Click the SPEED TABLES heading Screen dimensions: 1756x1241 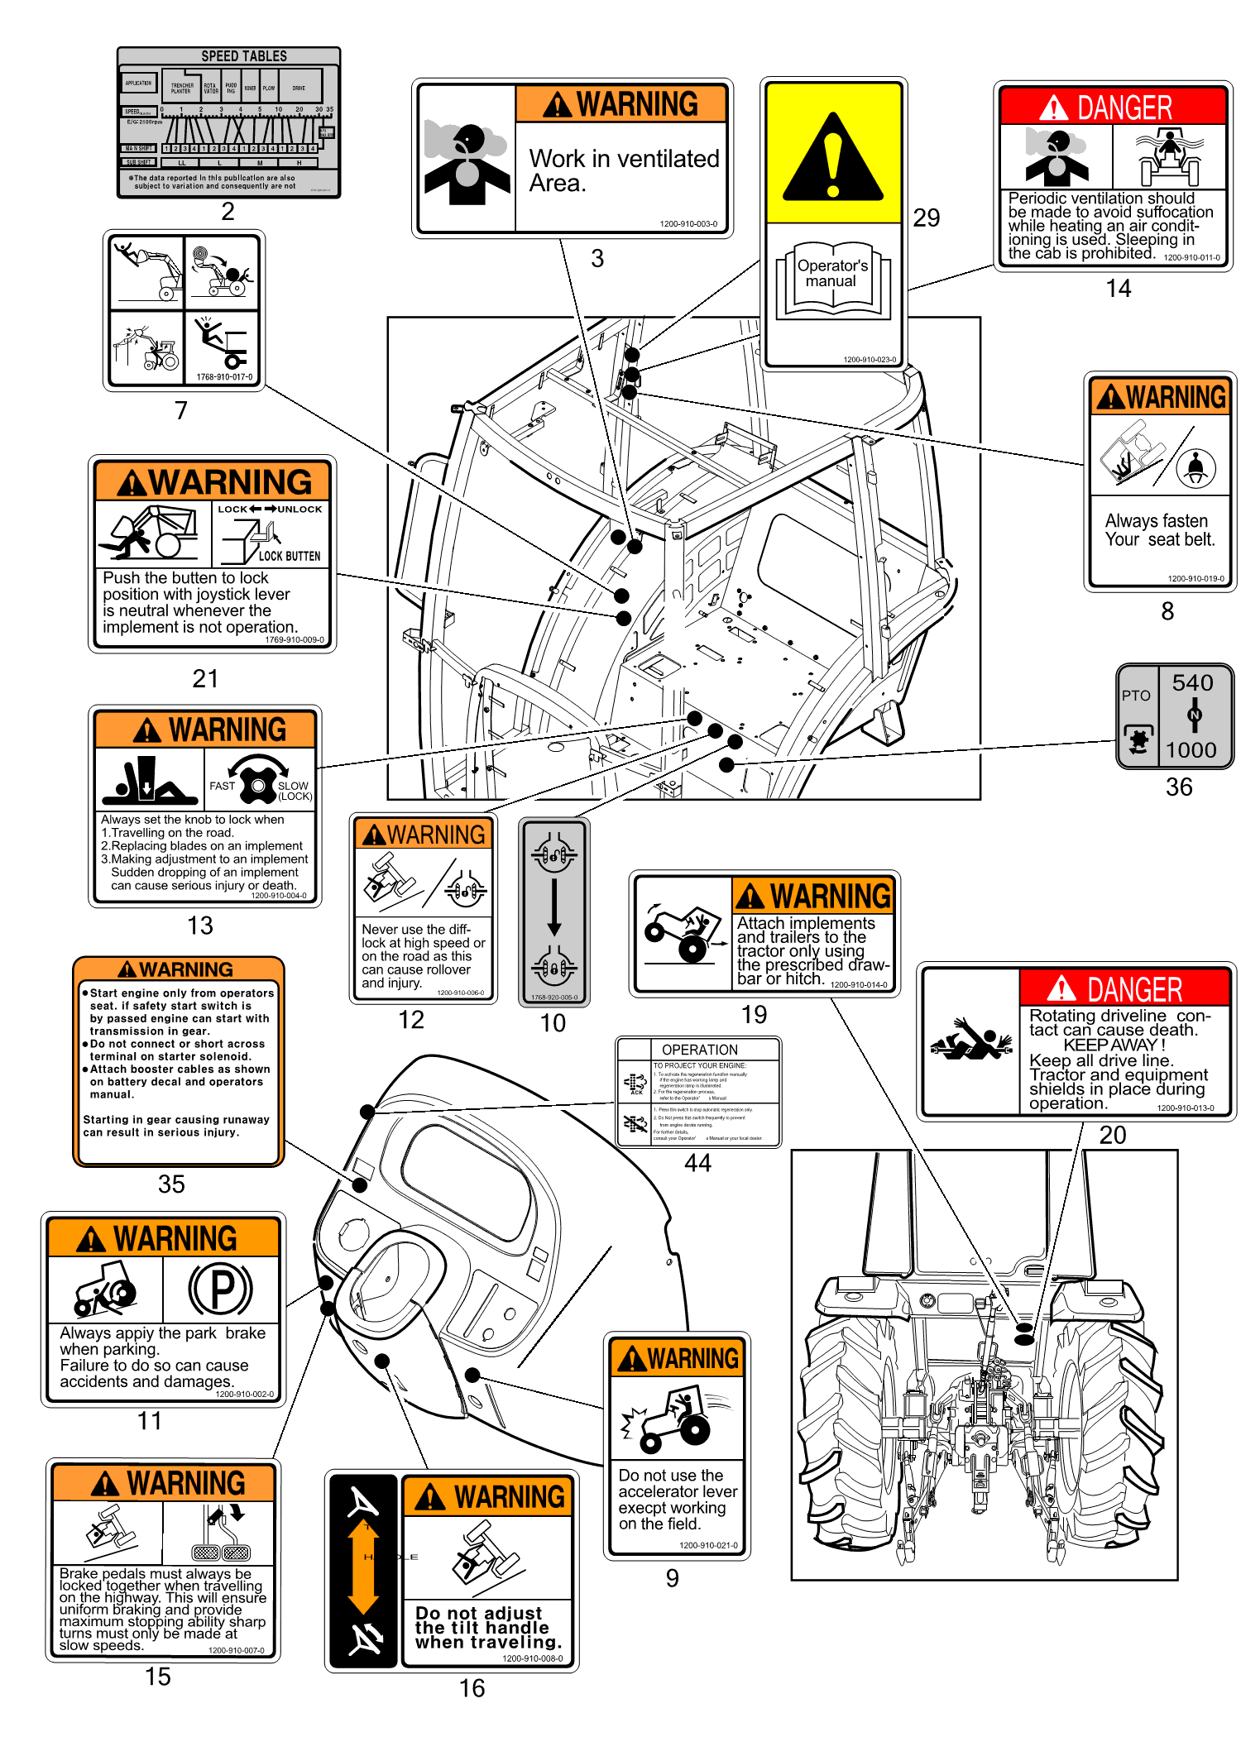[244, 56]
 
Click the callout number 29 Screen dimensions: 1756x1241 [926, 218]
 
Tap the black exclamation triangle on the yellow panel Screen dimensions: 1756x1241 [833, 159]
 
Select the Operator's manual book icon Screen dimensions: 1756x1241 [832, 279]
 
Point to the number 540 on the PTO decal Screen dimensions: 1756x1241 [1192, 682]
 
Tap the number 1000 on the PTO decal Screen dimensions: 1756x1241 [1191, 749]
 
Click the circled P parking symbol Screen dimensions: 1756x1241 [220, 1289]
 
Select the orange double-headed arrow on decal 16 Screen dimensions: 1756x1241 [364, 1567]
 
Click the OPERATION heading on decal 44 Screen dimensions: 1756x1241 [699, 1050]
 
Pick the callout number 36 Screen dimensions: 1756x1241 [1178, 787]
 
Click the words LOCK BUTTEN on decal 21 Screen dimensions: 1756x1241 [289, 556]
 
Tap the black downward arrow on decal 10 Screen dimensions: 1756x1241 [554, 907]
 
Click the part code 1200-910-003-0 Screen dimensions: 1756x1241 [688, 224]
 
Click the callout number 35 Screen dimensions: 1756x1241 [171, 1184]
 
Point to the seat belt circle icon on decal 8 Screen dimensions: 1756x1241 [1196, 468]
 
